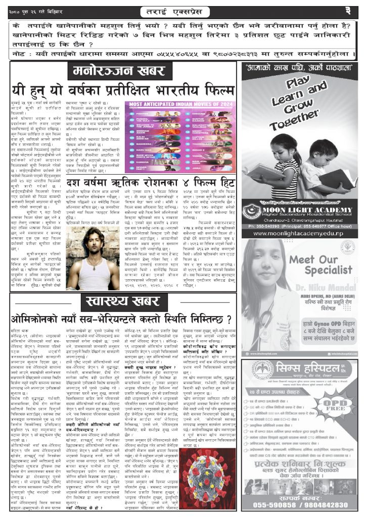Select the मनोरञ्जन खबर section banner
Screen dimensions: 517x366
[119, 71]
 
